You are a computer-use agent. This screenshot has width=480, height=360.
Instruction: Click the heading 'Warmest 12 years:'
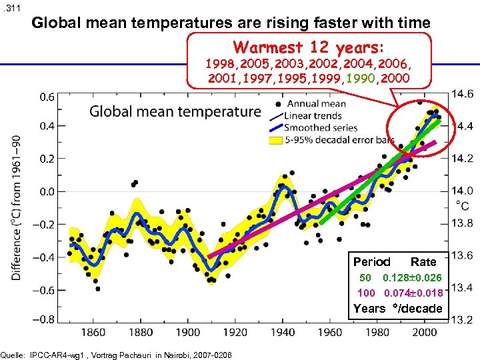pos(309,49)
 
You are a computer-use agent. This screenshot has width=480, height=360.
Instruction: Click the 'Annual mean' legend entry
pos(317,103)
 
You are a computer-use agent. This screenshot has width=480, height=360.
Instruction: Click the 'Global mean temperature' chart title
pos(175,111)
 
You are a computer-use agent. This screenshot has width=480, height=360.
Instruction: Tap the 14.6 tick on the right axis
pos(463,93)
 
